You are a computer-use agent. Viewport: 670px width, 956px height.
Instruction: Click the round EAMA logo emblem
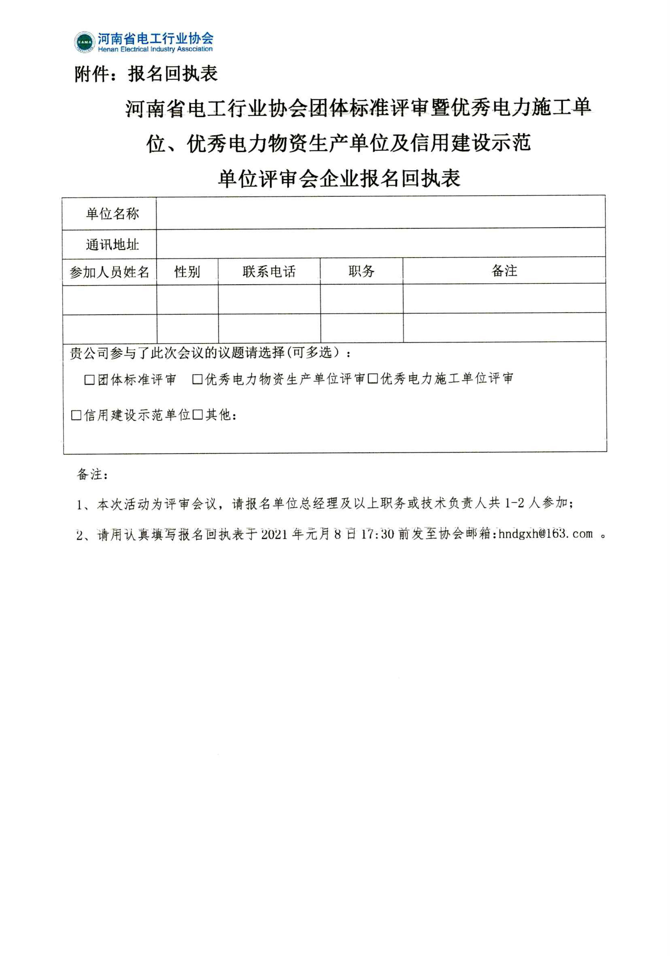(85, 42)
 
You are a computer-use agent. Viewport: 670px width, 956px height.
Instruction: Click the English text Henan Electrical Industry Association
(155, 49)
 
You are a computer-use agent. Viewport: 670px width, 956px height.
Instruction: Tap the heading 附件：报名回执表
(146, 74)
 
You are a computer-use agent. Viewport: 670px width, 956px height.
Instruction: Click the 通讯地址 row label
(112, 245)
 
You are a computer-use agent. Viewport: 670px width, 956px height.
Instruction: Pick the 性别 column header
(187, 272)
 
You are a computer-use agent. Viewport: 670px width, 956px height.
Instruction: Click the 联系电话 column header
(269, 272)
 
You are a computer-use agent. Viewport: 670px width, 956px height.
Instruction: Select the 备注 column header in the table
(504, 271)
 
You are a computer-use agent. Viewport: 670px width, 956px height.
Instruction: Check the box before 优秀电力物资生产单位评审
(197, 379)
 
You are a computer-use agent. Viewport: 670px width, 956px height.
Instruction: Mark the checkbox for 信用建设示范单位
(76, 415)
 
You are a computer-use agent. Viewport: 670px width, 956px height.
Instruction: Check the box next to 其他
(198, 415)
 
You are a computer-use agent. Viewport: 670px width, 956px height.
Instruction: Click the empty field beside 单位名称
(380, 213)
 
